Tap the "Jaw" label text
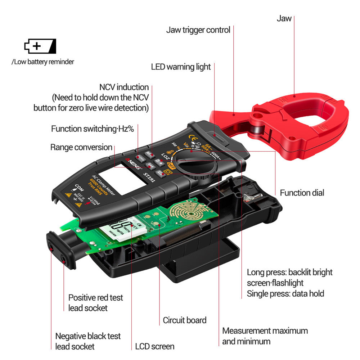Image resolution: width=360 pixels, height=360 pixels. (284, 18)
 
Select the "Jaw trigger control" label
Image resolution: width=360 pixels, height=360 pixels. (198, 30)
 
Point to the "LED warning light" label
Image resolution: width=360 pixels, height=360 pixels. (181, 67)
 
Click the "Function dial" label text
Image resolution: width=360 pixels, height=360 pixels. (302, 193)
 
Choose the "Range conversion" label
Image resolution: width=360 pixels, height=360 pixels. (81, 147)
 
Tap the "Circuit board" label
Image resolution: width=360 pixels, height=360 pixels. (185, 320)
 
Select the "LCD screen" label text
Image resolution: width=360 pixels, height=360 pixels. (155, 347)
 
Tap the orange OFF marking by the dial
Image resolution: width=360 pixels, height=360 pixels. (171, 166)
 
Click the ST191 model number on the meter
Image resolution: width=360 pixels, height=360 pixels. (149, 177)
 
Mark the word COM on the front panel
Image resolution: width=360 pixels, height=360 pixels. (78, 188)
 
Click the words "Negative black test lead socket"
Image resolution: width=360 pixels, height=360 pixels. (88, 341)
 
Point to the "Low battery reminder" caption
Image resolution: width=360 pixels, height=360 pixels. (43, 62)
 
